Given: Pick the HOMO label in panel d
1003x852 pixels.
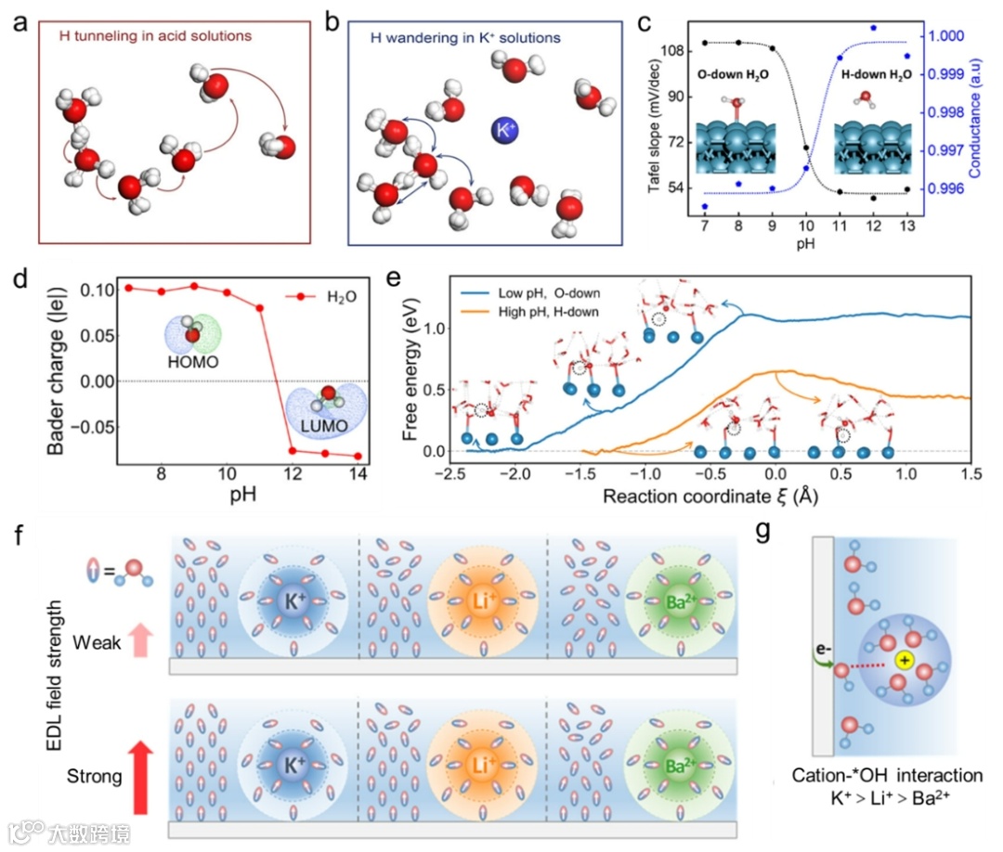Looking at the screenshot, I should tap(193, 362).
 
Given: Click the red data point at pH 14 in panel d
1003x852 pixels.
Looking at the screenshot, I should tap(358, 456).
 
